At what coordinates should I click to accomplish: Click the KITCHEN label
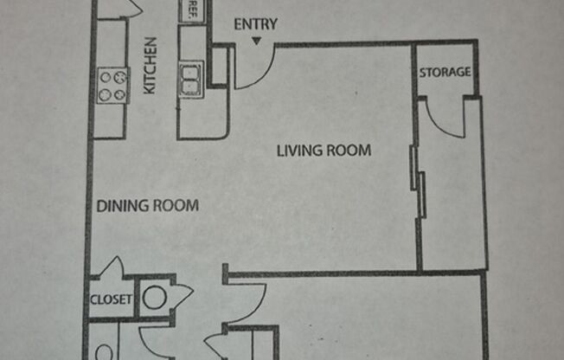click(x=149, y=66)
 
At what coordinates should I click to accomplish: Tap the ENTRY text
click(x=256, y=24)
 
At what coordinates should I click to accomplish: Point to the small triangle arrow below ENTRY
click(x=256, y=40)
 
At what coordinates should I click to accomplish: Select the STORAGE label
click(x=445, y=73)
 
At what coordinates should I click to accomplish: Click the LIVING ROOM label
click(x=324, y=151)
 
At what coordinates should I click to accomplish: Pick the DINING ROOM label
click(x=147, y=206)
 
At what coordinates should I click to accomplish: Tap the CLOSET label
click(x=111, y=300)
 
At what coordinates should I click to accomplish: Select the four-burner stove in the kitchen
click(x=112, y=85)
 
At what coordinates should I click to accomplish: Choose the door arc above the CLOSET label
click(x=113, y=267)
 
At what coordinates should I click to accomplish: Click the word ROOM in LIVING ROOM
click(x=349, y=151)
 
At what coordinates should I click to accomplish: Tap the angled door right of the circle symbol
click(x=183, y=296)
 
